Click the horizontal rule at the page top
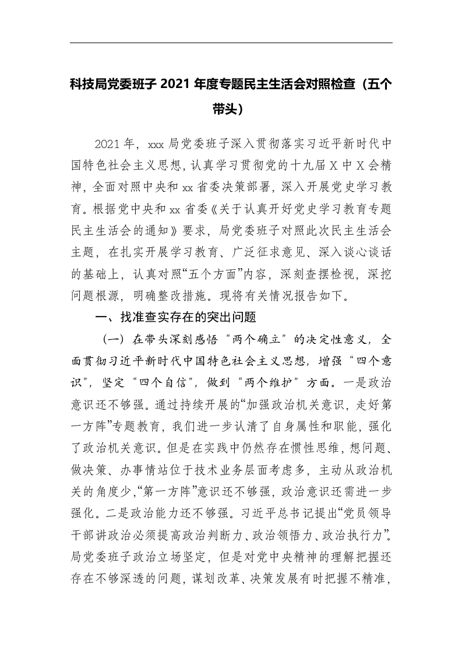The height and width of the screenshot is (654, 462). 231,43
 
